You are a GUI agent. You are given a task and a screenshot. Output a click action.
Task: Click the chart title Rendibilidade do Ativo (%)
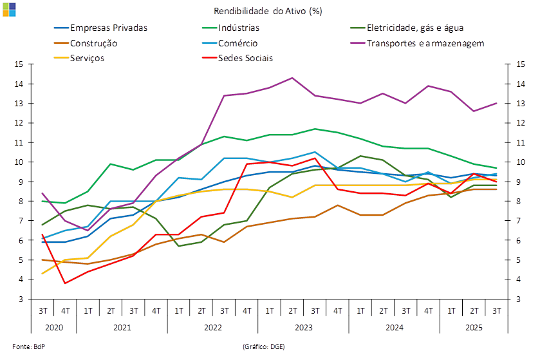pyautogui.click(x=270, y=11)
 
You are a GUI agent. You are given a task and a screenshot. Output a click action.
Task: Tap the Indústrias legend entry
pyautogui.click(x=239, y=28)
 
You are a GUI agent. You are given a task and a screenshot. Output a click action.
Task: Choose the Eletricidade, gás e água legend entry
pyautogui.click(x=415, y=28)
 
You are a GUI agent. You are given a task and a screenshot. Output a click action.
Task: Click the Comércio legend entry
pyautogui.click(x=238, y=43)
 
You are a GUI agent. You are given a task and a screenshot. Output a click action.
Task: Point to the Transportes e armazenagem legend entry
pyautogui.click(x=425, y=43)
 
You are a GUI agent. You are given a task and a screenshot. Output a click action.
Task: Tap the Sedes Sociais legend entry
pyautogui.click(x=245, y=58)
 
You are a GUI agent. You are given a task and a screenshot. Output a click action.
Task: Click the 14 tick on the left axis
pyautogui.click(x=19, y=84)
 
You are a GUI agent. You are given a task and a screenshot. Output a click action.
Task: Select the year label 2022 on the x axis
pyautogui.click(x=212, y=327)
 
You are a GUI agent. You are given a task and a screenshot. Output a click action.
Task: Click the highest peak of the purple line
pyautogui.click(x=293, y=78)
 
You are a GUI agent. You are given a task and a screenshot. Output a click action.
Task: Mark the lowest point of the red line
pyautogui.click(x=65, y=283)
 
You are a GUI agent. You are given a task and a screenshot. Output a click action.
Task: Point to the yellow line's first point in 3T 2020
pyautogui.click(x=42, y=274)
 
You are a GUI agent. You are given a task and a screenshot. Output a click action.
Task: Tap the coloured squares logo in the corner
pyautogui.click(x=9, y=9)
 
